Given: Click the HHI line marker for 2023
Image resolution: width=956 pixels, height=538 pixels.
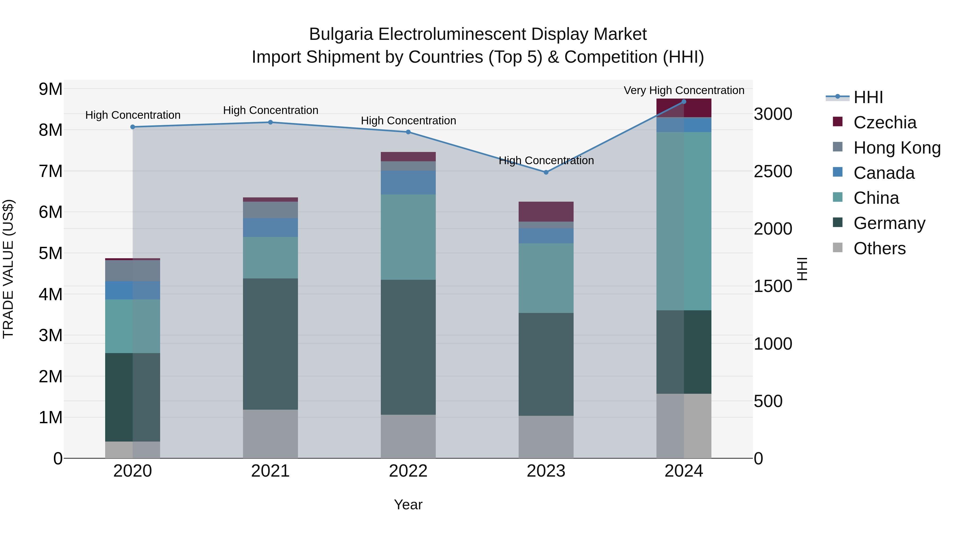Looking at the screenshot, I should tap(546, 172).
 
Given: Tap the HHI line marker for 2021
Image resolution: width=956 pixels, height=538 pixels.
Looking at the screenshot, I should tap(271, 122).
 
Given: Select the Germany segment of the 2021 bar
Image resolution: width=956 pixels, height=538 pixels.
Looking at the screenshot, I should tap(271, 344).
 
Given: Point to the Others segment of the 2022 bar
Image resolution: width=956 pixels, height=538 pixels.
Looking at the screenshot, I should tap(408, 436).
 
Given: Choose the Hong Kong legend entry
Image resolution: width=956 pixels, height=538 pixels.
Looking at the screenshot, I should tap(897, 148).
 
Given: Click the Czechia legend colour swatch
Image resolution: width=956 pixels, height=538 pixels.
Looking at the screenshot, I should tap(838, 121).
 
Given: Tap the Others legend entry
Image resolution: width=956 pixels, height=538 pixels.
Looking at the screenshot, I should tap(879, 248).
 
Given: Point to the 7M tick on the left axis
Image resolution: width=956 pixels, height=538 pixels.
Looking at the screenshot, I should tap(50, 171).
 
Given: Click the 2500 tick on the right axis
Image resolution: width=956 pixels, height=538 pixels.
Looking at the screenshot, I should tap(773, 172).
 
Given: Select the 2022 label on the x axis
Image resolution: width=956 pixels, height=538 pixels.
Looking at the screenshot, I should tap(408, 471).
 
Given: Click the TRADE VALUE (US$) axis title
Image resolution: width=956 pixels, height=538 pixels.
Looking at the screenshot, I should tap(8, 269).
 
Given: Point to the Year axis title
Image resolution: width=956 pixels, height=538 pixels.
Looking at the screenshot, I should tap(408, 505).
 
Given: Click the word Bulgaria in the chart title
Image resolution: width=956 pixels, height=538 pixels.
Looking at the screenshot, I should tap(341, 34).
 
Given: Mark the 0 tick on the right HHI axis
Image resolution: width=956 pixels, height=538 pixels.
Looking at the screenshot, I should tap(759, 459).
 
